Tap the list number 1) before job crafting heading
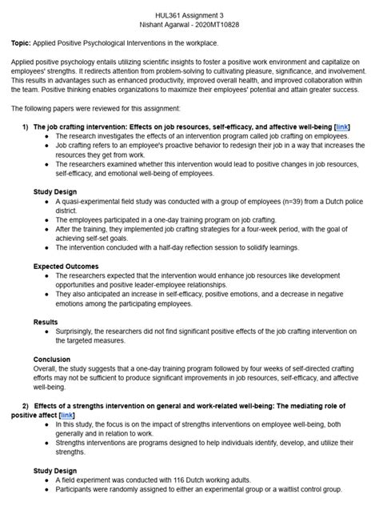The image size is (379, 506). click(x=25, y=127)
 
